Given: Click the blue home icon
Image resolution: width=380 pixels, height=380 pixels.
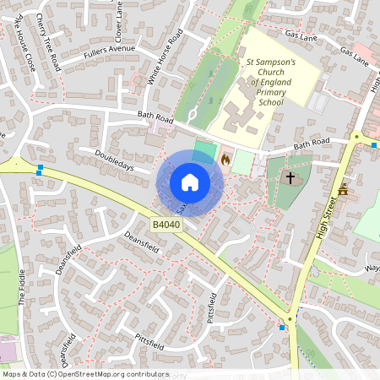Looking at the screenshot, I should click(190, 182).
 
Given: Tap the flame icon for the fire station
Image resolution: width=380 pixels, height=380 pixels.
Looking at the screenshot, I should click(225, 159).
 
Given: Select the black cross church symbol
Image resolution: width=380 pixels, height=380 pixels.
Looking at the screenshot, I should click(290, 178).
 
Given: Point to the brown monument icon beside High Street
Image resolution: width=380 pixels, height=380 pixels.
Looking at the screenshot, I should click(343, 191).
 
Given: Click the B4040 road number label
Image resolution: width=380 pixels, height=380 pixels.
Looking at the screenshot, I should click(166, 225).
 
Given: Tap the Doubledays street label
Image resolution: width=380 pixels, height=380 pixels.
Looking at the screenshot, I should click(115, 163).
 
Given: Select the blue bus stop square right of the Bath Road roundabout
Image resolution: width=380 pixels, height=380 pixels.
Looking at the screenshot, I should click(373, 145).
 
